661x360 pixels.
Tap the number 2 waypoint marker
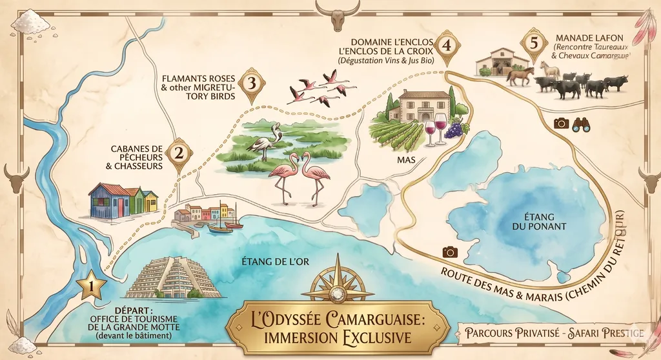(x=179, y=154)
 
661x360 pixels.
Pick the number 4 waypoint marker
(x=447, y=45)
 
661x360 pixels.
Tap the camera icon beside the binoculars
(x=561, y=123)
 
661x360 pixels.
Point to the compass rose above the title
(x=336, y=281)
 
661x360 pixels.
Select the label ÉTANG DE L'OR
(x=269, y=262)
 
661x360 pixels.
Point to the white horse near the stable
(x=550, y=69)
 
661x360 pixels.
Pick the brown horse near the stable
(x=520, y=75)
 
